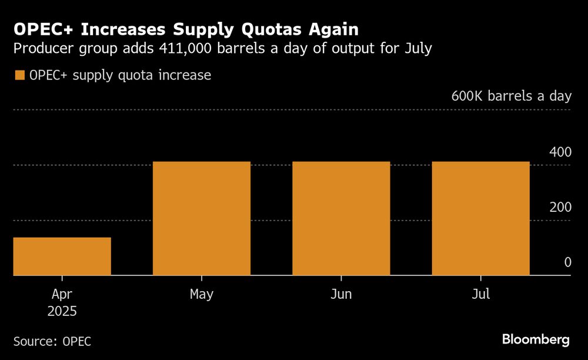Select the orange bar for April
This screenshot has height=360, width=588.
62,256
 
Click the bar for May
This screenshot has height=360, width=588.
202,218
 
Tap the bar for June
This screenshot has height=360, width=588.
341,218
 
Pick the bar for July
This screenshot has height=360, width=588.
480,218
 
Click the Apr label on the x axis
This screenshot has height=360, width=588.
62,294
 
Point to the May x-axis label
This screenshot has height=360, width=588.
202,294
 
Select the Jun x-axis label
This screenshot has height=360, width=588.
341,294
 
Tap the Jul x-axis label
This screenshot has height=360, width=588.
480,294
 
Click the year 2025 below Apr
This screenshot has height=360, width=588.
62,311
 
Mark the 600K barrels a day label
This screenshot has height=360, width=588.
511,96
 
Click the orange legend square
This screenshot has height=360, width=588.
19,75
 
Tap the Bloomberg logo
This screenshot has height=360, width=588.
536,339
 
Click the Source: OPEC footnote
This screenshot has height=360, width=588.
52,341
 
